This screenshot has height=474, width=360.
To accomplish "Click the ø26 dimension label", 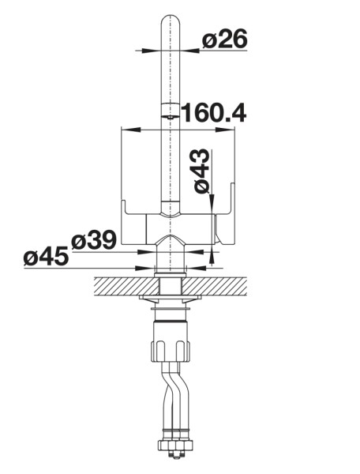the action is click(225, 39).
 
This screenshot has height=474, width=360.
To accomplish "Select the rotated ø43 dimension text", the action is click(201, 171).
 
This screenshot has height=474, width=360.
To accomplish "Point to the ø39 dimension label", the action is click(94, 239).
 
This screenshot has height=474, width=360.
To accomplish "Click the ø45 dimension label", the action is click(46, 256).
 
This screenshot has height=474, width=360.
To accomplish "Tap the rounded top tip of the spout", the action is click(171, 16).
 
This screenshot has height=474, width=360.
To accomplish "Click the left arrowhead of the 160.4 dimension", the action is click(131, 130).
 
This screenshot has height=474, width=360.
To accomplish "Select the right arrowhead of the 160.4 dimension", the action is click(225, 130).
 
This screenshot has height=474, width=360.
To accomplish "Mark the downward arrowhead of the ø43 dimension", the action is click(212, 201).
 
